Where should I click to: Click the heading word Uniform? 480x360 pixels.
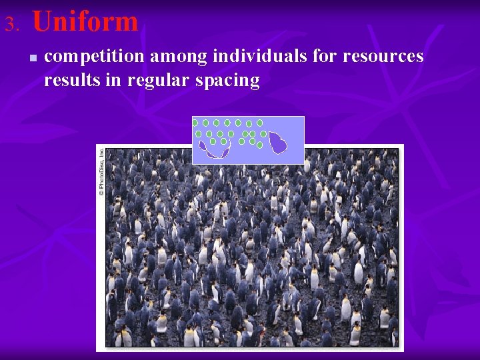click(85, 22)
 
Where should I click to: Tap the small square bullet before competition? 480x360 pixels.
click(33, 58)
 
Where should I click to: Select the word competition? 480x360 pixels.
click(93, 57)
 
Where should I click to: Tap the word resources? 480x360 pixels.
click(383, 57)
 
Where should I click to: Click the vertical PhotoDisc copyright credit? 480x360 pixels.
click(101, 171)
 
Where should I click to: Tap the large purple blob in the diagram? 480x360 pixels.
click(278, 142)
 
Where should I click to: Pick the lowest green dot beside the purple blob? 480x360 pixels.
click(259, 145)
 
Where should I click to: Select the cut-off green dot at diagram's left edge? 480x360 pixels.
click(195, 123)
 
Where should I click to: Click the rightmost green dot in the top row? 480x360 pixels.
click(259, 123)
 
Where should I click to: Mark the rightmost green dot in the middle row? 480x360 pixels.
click(263, 134)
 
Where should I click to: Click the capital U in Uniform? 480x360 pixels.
click(42, 22)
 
